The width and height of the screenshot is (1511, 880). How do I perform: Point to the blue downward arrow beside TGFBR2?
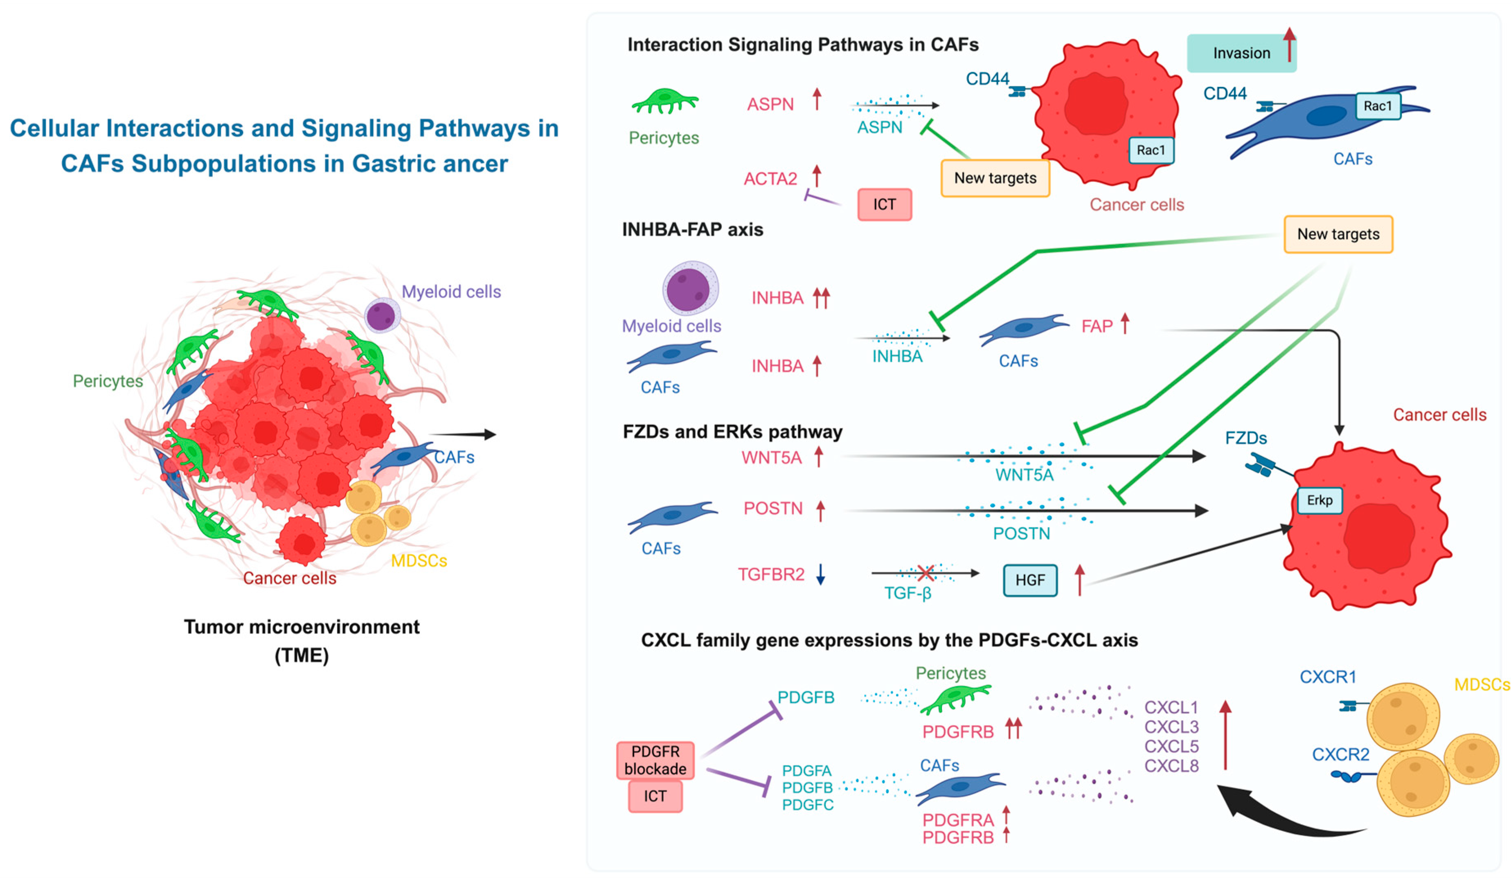tap(820, 574)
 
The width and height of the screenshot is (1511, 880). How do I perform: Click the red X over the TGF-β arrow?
tap(926, 573)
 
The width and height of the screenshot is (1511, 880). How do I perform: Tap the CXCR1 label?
tap(1328, 677)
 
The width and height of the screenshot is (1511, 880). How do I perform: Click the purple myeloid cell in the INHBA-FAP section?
tap(689, 288)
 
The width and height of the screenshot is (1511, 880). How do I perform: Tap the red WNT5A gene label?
tap(771, 458)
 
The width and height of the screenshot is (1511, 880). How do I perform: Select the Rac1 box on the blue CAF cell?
tap(1377, 106)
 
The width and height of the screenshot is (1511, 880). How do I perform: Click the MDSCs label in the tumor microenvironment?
tap(419, 560)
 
